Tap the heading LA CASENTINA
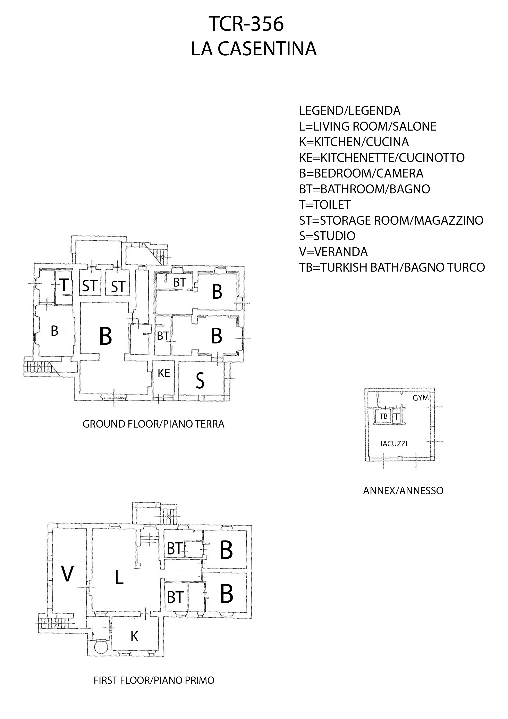click(x=254, y=49)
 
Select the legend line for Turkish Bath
click(x=392, y=267)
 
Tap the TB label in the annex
click(x=384, y=416)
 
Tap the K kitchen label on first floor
click(x=134, y=636)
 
